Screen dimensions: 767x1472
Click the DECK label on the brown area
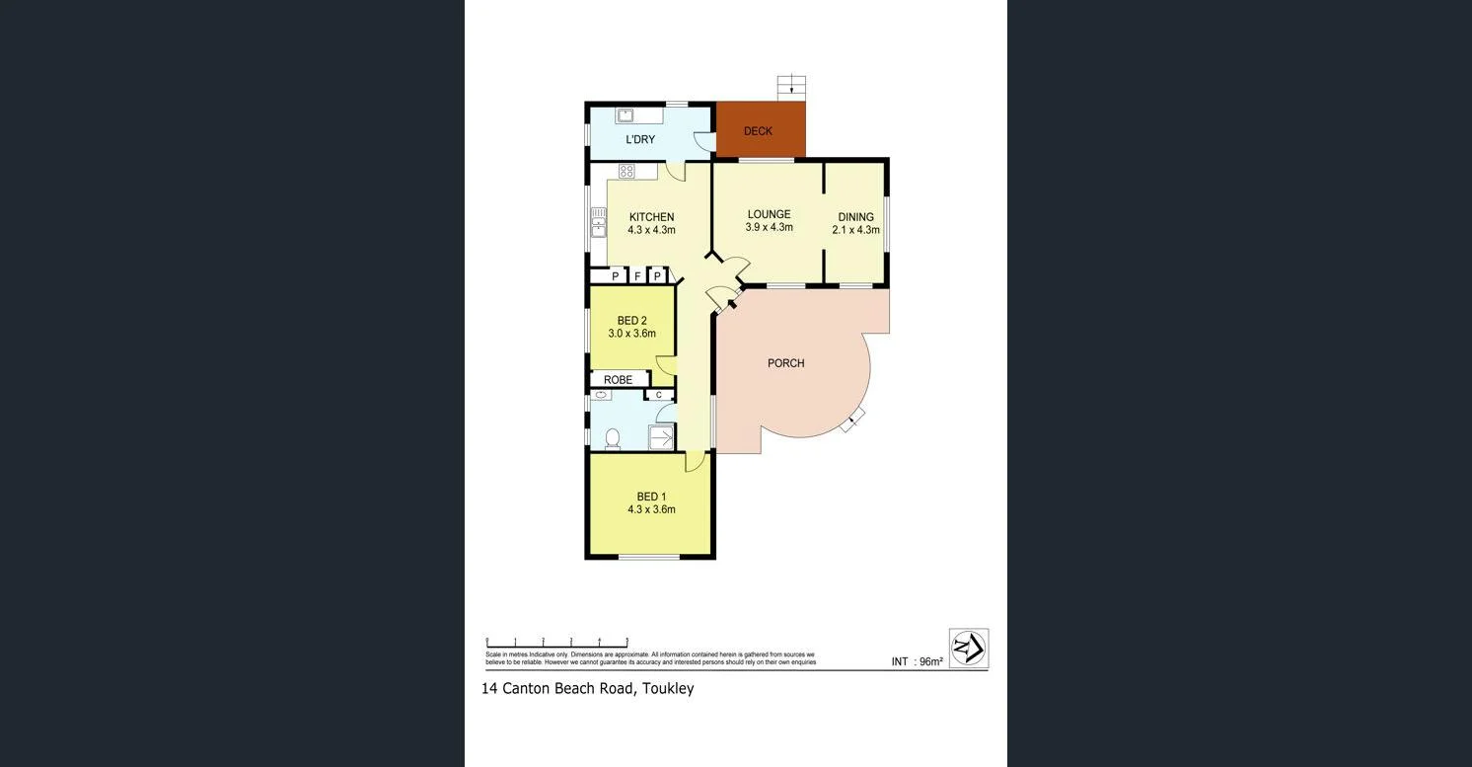pyautogui.click(x=758, y=131)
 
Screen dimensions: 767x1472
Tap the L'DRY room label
pyautogui.click(x=640, y=140)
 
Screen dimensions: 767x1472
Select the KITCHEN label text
pyautogui.click(x=651, y=217)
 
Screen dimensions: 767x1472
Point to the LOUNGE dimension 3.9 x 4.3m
pyautogui.click(x=769, y=228)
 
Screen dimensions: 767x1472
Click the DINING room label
pyautogui.click(x=855, y=217)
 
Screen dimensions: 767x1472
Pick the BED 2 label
pyautogui.click(x=631, y=321)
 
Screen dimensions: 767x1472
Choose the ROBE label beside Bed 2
pyautogui.click(x=618, y=380)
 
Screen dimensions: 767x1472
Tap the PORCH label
pyautogui.click(x=785, y=363)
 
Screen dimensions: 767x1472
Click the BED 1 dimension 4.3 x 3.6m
pyautogui.click(x=651, y=510)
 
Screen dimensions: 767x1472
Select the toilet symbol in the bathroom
pyautogui.click(x=612, y=438)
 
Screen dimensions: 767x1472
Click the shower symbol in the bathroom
pyautogui.click(x=661, y=436)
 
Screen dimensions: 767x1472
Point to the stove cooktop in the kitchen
pyautogui.click(x=626, y=172)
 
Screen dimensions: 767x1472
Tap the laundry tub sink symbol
pyautogui.click(x=625, y=115)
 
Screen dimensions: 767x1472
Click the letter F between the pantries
pyautogui.click(x=637, y=276)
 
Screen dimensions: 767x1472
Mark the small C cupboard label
pyautogui.click(x=658, y=396)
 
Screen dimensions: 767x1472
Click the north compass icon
pyautogui.click(x=968, y=649)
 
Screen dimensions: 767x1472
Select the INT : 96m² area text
pyautogui.click(x=917, y=662)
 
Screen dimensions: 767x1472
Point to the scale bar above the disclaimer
pyautogui.click(x=556, y=643)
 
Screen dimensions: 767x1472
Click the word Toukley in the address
pyautogui.click(x=668, y=689)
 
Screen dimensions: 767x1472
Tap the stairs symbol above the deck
pyautogui.click(x=791, y=87)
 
